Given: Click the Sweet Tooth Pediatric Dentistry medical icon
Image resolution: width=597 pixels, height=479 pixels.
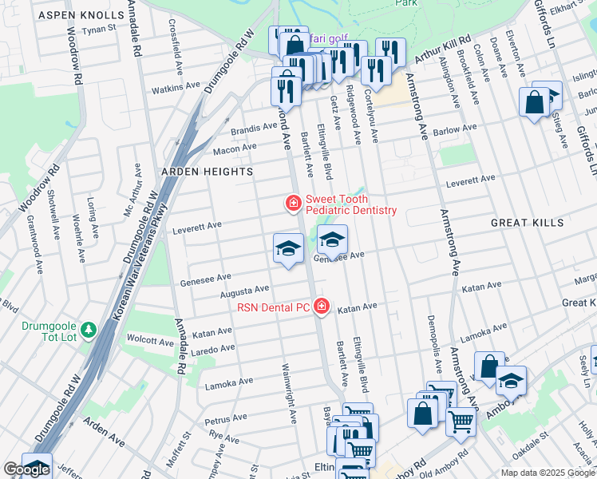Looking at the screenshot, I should (293, 204).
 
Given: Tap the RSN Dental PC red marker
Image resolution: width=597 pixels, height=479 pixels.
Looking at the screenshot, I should (322, 307).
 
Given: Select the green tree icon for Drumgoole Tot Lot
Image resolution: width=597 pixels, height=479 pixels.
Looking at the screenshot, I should (89, 329).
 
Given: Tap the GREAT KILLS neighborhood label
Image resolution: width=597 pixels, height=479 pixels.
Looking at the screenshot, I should (527, 223).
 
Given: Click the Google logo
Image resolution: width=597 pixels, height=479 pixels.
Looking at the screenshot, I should (26, 469).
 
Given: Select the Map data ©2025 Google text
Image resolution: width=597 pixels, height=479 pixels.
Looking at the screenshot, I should (548, 473).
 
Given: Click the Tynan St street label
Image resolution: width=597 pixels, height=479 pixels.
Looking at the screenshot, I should (100, 29).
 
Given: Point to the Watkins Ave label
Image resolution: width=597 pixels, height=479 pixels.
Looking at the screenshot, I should (176, 86).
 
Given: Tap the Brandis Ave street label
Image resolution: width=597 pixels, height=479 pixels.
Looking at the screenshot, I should (254, 129).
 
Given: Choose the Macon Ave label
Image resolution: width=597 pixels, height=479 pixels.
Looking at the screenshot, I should (234, 148).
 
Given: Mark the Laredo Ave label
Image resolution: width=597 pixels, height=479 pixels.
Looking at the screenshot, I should (212, 349).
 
